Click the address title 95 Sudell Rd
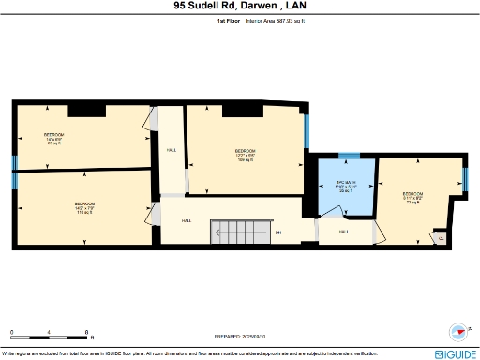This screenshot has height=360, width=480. point(240,6)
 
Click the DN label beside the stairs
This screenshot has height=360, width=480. point(277,233)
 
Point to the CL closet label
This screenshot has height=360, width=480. point(442,238)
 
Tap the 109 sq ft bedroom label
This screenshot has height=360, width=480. point(246,154)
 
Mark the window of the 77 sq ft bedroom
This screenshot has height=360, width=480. point(466,177)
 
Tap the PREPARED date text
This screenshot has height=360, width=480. point(240,336)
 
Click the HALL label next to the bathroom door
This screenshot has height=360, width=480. point(344,231)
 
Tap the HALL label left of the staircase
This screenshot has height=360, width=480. point(187,221)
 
